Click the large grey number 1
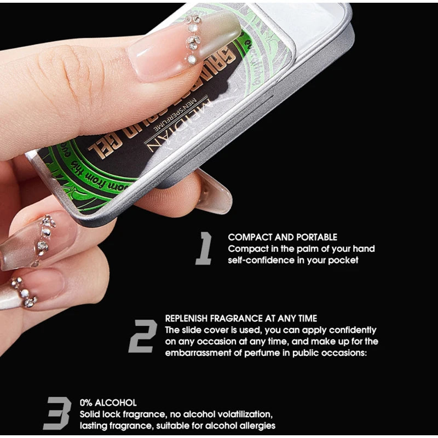[204, 248]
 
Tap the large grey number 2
[143, 335]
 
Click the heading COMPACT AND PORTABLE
[283, 237]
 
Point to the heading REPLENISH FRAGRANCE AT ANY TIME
[241, 318]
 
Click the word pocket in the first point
[343, 260]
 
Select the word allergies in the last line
[257, 425]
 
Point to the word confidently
[349, 330]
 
